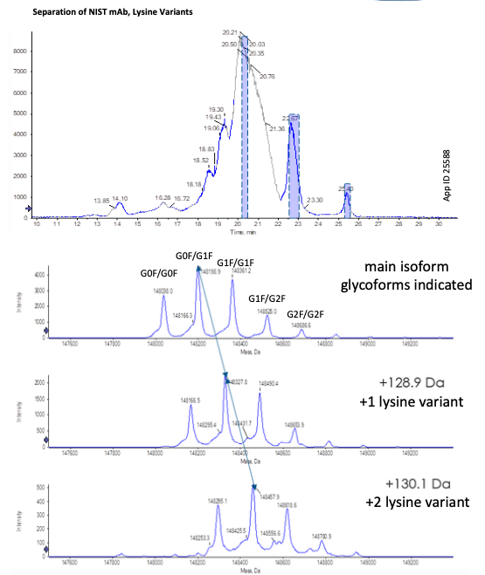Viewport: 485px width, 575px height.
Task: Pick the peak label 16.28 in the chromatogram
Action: pyautogui.click(x=163, y=198)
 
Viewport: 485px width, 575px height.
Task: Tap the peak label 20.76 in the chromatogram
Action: pyautogui.click(x=267, y=77)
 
